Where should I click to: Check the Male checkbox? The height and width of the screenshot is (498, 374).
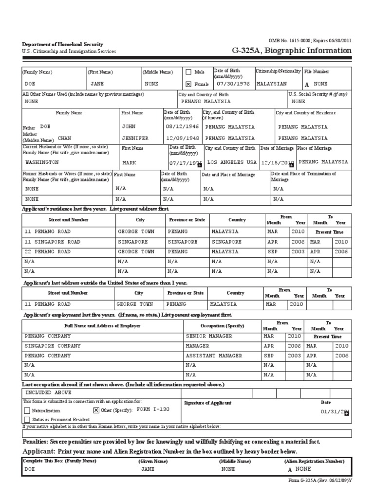[188, 72]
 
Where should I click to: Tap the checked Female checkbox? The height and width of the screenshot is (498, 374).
[188, 84]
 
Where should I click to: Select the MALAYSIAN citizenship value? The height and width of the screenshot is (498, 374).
[271, 83]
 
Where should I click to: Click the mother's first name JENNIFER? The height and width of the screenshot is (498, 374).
[135, 138]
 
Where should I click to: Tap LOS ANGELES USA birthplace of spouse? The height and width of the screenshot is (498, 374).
[232, 162]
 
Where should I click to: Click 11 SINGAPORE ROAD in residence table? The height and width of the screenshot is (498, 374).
[53, 241]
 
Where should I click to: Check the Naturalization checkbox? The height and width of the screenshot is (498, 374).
[27, 410]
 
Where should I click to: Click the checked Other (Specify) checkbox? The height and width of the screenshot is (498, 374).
[96, 410]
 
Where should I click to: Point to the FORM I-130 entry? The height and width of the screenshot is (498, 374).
[153, 409]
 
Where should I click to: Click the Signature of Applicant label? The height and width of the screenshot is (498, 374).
[207, 403]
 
